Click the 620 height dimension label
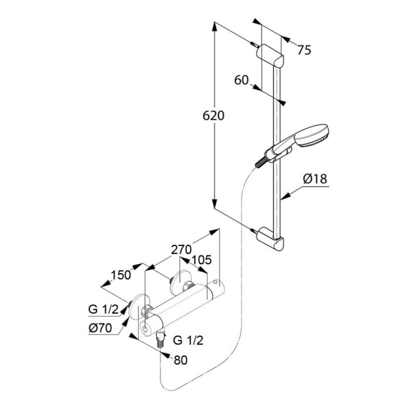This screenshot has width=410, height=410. (x=213, y=115)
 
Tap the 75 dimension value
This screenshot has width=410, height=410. (x=304, y=50)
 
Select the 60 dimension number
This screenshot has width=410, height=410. (x=241, y=80)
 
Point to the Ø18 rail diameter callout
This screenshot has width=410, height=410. (x=315, y=179)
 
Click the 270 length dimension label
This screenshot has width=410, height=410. (x=182, y=250)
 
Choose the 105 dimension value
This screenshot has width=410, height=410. (x=201, y=260)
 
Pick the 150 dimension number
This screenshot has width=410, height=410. (x=121, y=275)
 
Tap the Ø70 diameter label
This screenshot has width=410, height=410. (x=100, y=328)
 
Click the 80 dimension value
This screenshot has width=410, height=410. (x=180, y=360)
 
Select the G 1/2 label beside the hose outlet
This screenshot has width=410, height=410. (x=188, y=340)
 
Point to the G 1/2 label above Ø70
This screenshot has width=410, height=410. (x=104, y=310)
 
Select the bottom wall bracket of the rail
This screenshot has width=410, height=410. (x=270, y=240)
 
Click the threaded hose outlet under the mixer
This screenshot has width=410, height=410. (x=160, y=339)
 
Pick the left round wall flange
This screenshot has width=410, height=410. (x=139, y=307)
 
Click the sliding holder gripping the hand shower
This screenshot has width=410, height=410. (x=278, y=155)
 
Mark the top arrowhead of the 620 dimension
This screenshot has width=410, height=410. (x=214, y=27)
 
